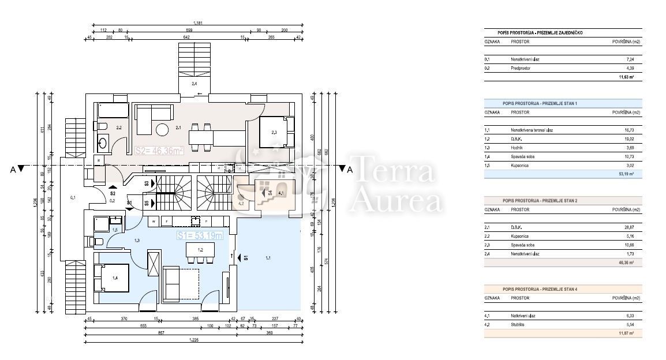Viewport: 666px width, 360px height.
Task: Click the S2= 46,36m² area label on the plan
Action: [x=159, y=151]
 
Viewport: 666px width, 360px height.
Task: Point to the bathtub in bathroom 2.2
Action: [x=113, y=110]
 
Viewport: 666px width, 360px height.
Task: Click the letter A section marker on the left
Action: [x=13, y=169]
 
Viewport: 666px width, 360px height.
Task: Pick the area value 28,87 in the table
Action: [x=629, y=227]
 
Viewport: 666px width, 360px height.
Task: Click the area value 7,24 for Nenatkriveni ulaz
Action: [x=630, y=59]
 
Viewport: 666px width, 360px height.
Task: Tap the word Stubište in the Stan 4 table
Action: [x=519, y=324]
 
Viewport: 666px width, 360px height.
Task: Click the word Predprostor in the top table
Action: [x=521, y=68]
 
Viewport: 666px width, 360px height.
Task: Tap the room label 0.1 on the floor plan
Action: [x=73, y=198]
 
